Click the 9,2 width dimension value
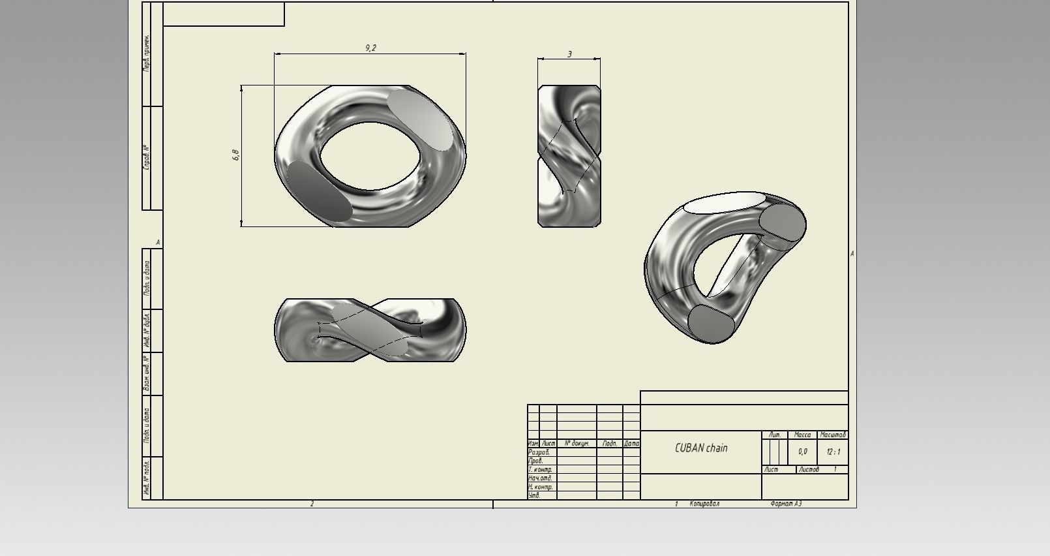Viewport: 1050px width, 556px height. (370, 48)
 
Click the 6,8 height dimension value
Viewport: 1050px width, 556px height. (235, 155)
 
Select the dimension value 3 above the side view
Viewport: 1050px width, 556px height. (569, 54)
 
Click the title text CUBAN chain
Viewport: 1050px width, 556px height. (701, 448)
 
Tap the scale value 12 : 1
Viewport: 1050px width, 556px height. (833, 452)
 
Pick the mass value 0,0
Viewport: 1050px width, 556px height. (802, 452)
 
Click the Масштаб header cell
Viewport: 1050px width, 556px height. (833, 435)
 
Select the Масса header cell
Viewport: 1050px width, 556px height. (802, 435)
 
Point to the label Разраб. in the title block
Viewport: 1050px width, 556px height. (539, 452)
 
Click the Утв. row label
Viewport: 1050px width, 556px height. (534, 495)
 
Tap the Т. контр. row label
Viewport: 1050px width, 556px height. (540, 469)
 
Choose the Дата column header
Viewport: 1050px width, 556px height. (631, 443)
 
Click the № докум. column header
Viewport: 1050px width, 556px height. (577, 443)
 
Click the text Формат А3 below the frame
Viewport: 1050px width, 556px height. (785, 504)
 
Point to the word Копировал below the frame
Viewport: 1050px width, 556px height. (704, 504)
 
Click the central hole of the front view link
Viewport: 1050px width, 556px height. (370, 156)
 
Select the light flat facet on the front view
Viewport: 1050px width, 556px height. (421, 119)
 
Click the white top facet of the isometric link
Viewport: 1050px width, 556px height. (723, 203)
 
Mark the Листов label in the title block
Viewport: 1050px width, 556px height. (809, 469)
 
